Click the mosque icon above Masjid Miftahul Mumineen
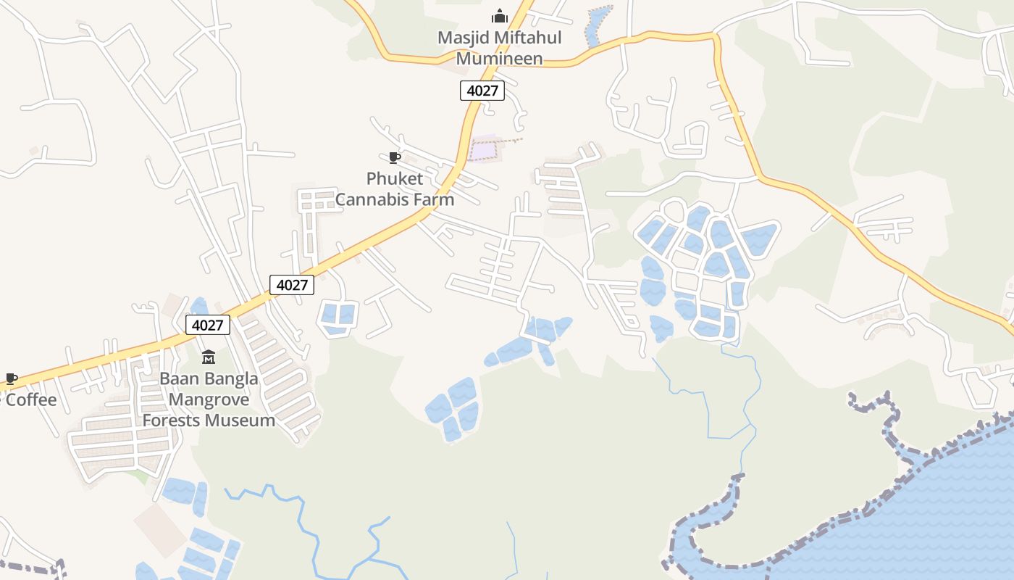(x=499, y=15)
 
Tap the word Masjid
(x=461, y=37)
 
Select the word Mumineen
(x=499, y=59)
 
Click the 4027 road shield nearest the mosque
(x=482, y=90)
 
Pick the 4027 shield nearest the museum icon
(x=208, y=325)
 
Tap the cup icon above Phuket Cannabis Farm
(x=394, y=157)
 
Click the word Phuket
(x=395, y=178)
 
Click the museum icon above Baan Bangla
(x=209, y=357)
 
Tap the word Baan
(x=177, y=378)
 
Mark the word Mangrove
(x=209, y=399)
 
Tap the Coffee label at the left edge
(x=31, y=399)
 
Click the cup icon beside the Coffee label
(x=11, y=378)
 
